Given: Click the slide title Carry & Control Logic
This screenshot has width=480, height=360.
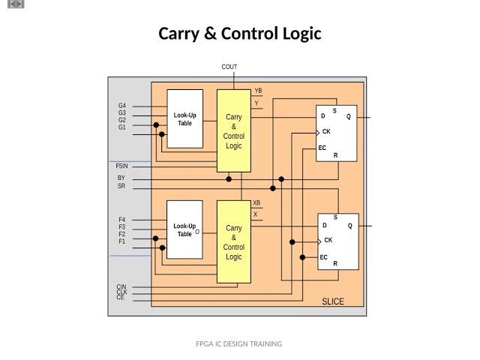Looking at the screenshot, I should [x=239, y=34].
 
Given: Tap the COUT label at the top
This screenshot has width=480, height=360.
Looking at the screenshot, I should [x=229, y=67].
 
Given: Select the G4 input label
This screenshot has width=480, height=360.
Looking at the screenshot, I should [x=122, y=106].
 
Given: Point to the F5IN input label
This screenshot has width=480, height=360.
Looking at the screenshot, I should [x=121, y=166].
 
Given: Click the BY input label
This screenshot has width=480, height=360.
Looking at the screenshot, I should [x=121, y=178].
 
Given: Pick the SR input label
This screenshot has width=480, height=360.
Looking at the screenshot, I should [x=121, y=186].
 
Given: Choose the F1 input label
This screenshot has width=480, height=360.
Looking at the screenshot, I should [x=122, y=241].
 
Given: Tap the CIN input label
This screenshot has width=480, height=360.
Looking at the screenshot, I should [x=121, y=286].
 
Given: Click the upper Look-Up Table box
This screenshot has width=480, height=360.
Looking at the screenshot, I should [x=184, y=119].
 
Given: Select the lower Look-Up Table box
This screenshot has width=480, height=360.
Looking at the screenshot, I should [x=184, y=229].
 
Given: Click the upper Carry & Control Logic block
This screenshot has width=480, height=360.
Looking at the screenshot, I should [x=234, y=131].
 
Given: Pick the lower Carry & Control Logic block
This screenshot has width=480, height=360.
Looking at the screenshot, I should [x=234, y=241].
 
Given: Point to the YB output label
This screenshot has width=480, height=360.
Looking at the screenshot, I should [x=258, y=91].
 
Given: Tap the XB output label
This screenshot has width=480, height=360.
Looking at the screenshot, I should [x=256, y=202].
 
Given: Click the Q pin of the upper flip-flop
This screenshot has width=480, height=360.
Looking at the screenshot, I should [x=349, y=116].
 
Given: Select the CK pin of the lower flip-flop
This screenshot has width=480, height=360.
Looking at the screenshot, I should [x=328, y=240].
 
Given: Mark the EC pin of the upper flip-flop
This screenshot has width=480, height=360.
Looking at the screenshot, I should [x=322, y=148].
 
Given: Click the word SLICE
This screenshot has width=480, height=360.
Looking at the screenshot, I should [x=333, y=301].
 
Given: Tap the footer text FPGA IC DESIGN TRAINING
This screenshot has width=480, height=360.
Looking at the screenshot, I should [x=238, y=343].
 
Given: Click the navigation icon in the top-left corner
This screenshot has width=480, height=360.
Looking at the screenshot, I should [x=16, y=4].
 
